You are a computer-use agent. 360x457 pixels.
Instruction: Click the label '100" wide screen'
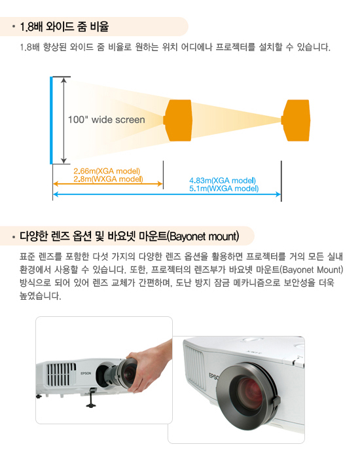coord(106,120)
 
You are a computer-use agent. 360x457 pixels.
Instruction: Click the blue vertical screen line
coord(51,120)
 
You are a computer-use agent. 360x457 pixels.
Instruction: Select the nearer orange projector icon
coord(177,120)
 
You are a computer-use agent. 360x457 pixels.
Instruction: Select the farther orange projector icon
coord(296,120)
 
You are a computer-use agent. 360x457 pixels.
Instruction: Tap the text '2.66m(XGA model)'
coord(107,171)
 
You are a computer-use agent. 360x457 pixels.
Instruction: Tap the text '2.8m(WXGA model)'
coord(108,179)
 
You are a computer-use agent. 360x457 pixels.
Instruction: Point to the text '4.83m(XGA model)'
coord(223,181)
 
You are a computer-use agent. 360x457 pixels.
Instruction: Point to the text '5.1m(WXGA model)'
coord(224,189)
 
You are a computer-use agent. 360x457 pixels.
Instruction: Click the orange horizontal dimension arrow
coord(108,183)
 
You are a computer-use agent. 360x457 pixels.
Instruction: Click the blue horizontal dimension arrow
coord(167,194)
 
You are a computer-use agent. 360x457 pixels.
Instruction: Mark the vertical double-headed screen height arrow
coord(63,120)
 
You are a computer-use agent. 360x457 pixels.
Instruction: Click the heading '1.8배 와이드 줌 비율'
coord(64,27)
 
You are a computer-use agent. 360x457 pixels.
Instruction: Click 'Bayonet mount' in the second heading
coord(204,236)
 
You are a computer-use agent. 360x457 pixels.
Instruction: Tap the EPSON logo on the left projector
coord(86,373)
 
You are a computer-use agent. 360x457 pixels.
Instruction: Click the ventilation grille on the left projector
coord(62,374)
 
